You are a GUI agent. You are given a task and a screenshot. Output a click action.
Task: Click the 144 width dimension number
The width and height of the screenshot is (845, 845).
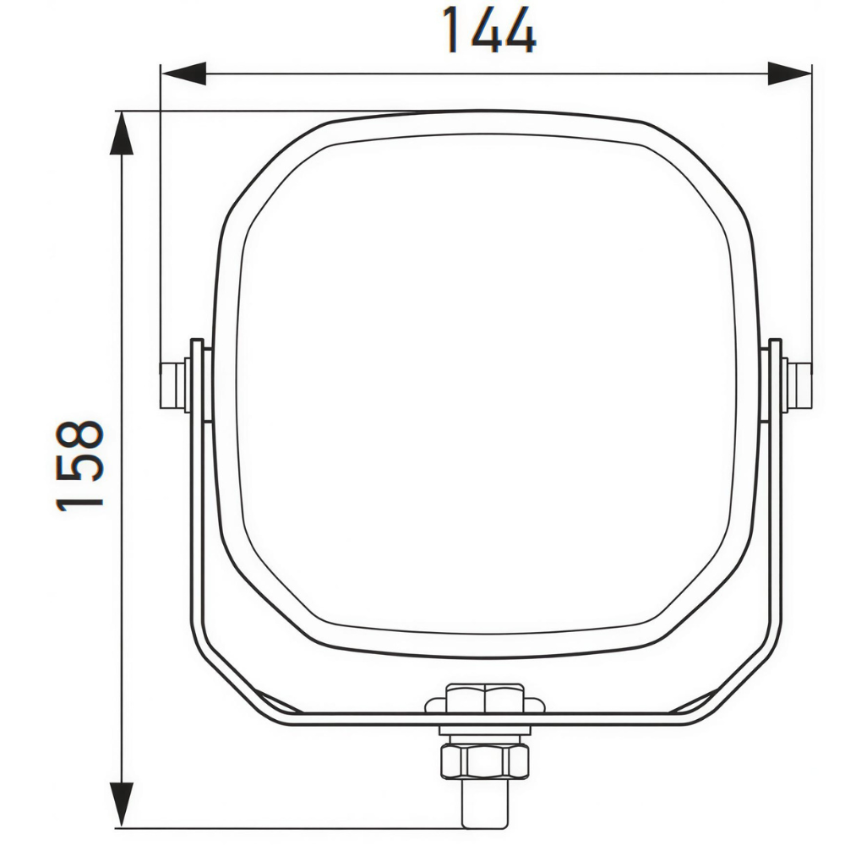488,30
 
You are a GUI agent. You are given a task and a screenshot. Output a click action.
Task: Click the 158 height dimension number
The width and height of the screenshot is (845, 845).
79,465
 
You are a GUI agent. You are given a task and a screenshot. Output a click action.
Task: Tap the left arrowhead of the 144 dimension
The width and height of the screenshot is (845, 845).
183,74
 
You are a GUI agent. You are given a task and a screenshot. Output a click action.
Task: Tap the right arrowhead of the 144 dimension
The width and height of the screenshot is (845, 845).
789,74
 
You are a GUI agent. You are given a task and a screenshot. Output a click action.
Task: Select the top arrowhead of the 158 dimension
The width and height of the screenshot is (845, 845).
122,134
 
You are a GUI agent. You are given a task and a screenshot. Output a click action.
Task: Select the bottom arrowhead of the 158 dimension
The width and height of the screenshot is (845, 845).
122,804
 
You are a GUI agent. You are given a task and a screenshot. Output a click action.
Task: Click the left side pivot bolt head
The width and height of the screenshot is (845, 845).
172,385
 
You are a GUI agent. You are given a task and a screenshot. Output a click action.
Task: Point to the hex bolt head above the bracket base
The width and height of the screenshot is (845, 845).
485,699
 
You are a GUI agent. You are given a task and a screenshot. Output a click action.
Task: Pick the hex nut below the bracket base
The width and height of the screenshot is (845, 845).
485,761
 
